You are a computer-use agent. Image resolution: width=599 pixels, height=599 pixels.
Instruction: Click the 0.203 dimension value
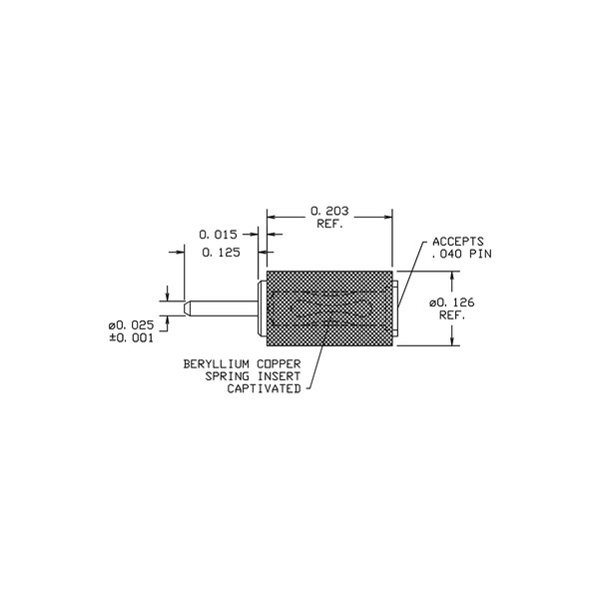click(329, 211)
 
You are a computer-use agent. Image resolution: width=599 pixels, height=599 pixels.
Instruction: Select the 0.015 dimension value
click(218, 235)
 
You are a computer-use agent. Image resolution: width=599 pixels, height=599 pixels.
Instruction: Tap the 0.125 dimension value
click(221, 253)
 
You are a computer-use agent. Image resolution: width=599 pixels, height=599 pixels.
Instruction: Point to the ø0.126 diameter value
click(452, 302)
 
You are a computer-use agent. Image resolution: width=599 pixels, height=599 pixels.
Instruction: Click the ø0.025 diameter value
click(131, 325)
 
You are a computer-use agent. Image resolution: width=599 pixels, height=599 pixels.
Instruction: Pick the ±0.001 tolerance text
click(131, 338)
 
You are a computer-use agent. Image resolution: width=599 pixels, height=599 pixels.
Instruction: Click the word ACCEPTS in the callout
click(458, 242)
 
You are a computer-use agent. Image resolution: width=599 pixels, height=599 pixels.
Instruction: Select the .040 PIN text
click(462, 254)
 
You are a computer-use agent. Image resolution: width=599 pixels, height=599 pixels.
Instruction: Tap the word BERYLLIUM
click(216, 364)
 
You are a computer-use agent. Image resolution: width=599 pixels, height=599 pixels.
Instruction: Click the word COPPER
click(279, 364)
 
